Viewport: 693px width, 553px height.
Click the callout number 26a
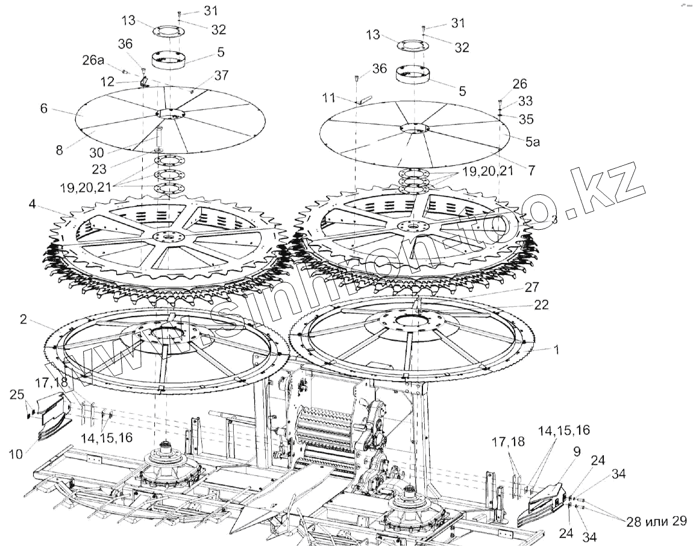click(x=93, y=60)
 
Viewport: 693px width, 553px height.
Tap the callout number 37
click(x=221, y=75)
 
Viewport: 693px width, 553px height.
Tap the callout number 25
click(x=17, y=394)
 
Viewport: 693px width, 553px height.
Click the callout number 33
click(x=525, y=101)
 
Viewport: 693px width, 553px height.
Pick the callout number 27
click(x=532, y=286)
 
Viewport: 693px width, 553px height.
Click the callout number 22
click(x=541, y=305)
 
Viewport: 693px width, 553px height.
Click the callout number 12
click(x=107, y=80)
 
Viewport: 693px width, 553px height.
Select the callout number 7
click(x=531, y=171)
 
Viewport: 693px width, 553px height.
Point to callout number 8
click(x=59, y=150)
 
